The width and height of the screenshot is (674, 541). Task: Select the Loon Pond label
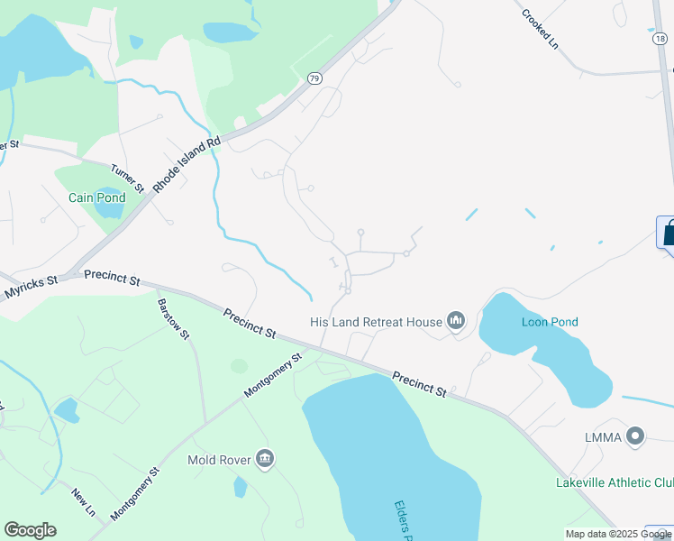pyautogui.click(x=550, y=322)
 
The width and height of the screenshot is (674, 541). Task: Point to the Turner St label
pyautogui.click(x=127, y=178)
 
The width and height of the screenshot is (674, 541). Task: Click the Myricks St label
pyautogui.click(x=30, y=287)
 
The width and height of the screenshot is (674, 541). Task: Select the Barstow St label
pyautogui.click(x=174, y=319)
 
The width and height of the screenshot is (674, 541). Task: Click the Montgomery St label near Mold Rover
pyautogui.click(x=274, y=375)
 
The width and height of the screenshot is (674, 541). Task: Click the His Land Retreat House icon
pyautogui.click(x=456, y=321)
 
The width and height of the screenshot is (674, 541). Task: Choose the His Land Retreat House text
pyautogui.click(x=376, y=322)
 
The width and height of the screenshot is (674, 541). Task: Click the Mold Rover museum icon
pyautogui.click(x=265, y=459)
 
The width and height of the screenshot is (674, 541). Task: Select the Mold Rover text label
pyautogui.click(x=218, y=460)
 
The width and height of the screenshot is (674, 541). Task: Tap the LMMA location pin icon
pyautogui.click(x=636, y=436)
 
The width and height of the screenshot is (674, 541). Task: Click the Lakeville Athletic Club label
pyautogui.click(x=614, y=482)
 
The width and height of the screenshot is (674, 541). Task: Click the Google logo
pyautogui.click(x=30, y=530)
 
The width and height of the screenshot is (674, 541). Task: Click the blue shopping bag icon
pyautogui.click(x=668, y=234)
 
